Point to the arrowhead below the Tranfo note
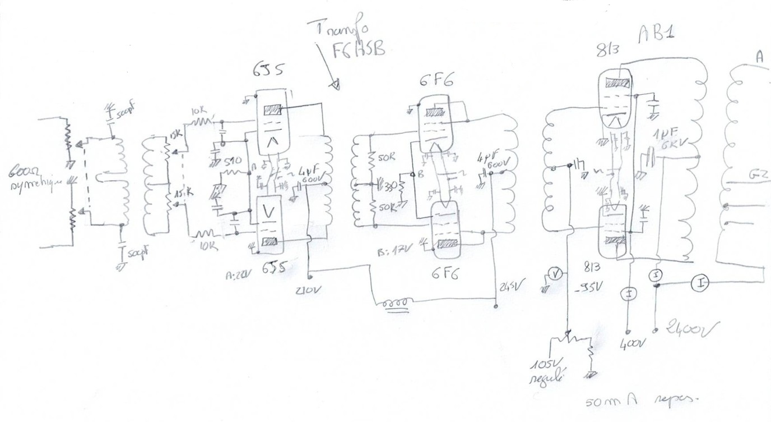tap(335, 85)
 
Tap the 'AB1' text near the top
tap(656, 35)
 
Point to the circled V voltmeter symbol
tap(555, 274)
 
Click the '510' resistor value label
tap(233, 162)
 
